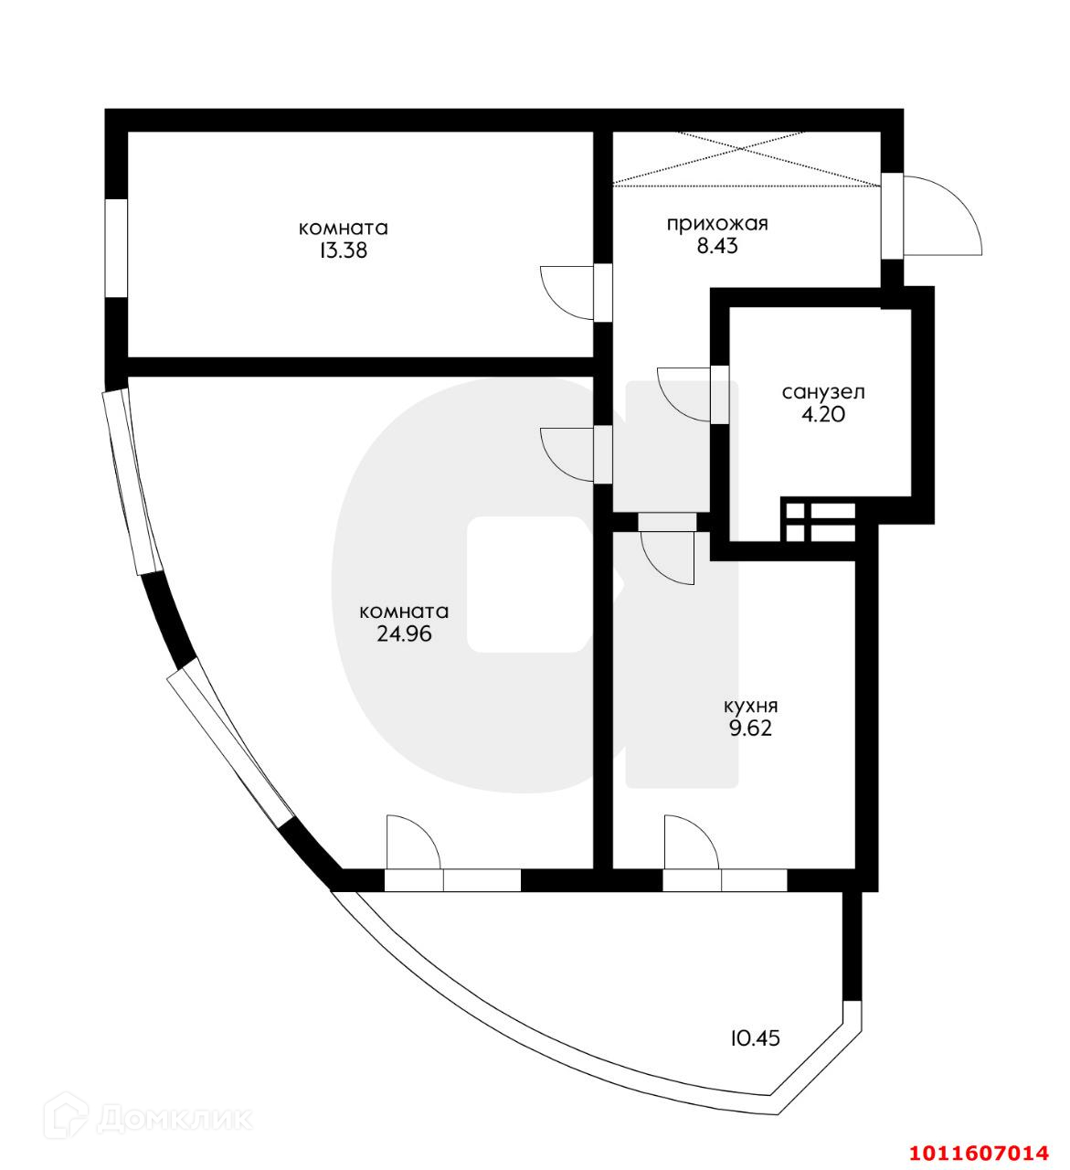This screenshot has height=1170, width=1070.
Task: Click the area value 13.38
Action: (x=344, y=250)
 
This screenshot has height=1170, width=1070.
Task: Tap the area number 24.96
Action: (x=404, y=633)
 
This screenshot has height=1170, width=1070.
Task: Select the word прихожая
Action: (x=716, y=224)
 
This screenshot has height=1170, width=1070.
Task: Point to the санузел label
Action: (x=822, y=392)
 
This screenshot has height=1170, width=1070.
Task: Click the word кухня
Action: (x=750, y=707)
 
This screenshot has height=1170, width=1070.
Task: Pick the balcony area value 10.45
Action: (x=755, y=1038)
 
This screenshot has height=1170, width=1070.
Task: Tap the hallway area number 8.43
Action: (x=716, y=246)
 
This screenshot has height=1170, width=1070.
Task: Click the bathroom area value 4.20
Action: (x=822, y=414)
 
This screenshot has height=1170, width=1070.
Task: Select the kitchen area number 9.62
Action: (x=750, y=729)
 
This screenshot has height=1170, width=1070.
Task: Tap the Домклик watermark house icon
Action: (x=74, y=1117)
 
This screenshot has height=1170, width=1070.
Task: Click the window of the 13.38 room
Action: (x=115, y=247)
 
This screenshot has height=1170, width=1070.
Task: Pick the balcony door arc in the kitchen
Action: (x=692, y=841)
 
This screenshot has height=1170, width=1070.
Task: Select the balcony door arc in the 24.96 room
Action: (x=413, y=840)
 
